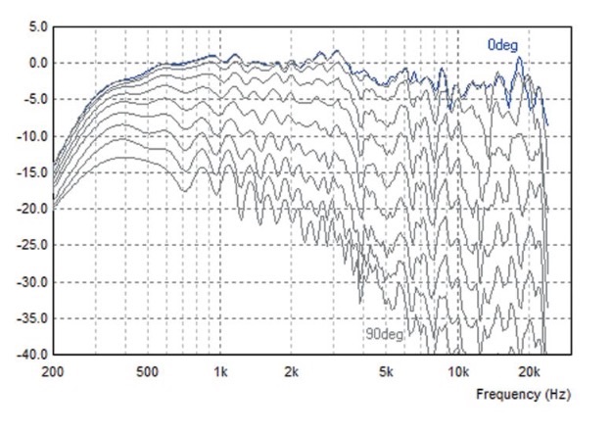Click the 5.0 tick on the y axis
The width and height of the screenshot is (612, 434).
(35, 27)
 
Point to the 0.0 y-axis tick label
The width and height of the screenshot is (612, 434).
(35, 64)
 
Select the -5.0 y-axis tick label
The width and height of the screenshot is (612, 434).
(33, 100)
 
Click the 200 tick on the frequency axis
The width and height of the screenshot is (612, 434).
(55, 372)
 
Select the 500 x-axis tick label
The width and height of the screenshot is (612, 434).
(148, 372)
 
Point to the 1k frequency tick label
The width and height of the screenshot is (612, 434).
(220, 372)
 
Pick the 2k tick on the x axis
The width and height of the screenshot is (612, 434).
(291, 372)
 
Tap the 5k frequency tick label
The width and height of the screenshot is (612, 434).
(386, 372)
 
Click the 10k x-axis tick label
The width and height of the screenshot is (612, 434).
(457, 372)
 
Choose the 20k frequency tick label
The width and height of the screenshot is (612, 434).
(529, 372)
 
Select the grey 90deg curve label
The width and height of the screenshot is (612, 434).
(384, 334)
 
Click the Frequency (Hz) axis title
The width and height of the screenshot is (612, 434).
(522, 395)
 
